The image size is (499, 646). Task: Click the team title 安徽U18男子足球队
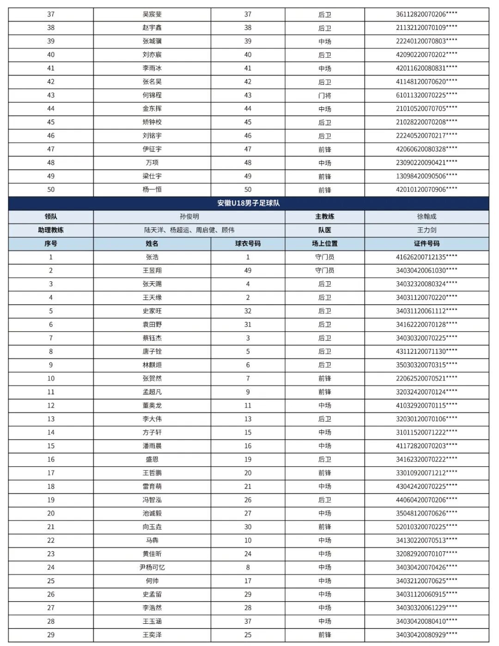point(249,203)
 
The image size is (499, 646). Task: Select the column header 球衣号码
point(248,243)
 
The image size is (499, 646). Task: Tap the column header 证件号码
point(426,243)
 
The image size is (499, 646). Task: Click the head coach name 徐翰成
point(426,217)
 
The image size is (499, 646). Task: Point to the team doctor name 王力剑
point(426,230)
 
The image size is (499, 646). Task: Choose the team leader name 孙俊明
point(189,217)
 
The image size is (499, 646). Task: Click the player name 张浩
point(152,257)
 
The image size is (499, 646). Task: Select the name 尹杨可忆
point(152,567)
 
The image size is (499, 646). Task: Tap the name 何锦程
point(152,95)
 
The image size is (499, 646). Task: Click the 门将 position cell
point(324,96)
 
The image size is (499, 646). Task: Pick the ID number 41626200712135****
point(426,257)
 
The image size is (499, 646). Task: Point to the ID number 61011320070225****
point(426,95)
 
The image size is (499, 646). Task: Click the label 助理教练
point(51,230)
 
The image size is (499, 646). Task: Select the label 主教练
point(324,217)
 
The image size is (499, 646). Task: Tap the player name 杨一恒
point(152,190)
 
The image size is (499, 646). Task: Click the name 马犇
point(152,540)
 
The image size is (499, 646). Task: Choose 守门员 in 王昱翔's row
point(324,271)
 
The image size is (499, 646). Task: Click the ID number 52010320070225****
point(426,527)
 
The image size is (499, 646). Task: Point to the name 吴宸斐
point(152,14)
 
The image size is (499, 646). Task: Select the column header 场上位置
point(324,243)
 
